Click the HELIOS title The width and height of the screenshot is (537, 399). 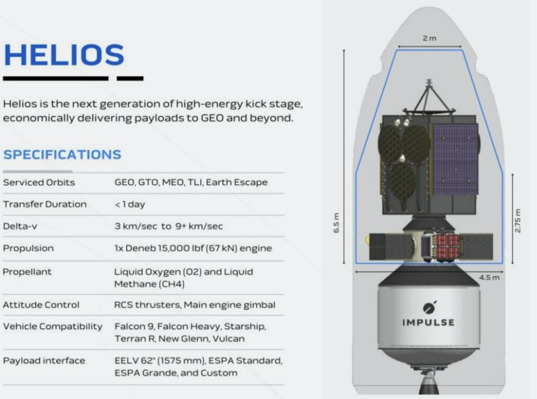[x=63, y=55]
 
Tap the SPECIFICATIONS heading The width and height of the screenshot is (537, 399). [x=62, y=155]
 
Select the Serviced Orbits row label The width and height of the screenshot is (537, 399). [x=39, y=183]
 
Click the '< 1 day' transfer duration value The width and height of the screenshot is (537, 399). [x=130, y=204]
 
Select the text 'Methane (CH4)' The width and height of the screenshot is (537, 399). [x=149, y=284]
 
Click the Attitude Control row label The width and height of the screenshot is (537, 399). [x=41, y=305]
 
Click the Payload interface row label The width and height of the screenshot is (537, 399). [x=44, y=361]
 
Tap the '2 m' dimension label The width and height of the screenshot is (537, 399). [x=429, y=38]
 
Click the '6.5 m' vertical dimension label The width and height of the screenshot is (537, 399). [x=337, y=223]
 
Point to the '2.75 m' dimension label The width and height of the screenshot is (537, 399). [x=518, y=221]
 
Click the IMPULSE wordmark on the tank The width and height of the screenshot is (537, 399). [x=428, y=322]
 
